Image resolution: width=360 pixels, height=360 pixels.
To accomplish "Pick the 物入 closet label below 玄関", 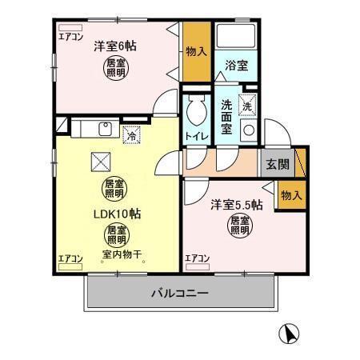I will pos(291,195).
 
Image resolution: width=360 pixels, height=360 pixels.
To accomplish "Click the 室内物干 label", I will pos(122,256).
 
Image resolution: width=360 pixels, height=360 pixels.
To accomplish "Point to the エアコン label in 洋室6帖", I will pos(70,36).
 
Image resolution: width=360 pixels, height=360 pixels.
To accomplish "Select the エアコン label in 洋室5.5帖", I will pos(197,258).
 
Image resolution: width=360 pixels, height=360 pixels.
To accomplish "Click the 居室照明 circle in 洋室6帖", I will pos(116,67).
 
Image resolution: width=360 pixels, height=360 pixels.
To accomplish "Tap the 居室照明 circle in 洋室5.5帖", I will pos(239,225).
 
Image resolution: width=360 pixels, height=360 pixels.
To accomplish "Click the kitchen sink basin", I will pos(105,129).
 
